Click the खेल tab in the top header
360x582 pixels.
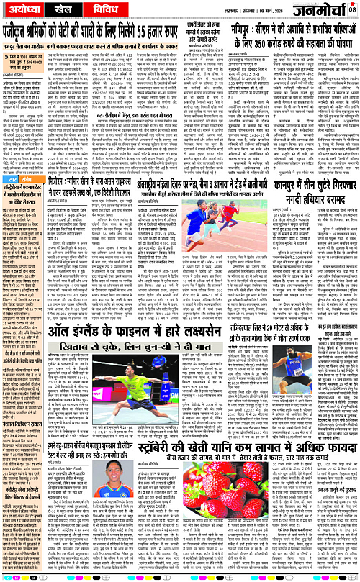(x=69, y=11)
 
